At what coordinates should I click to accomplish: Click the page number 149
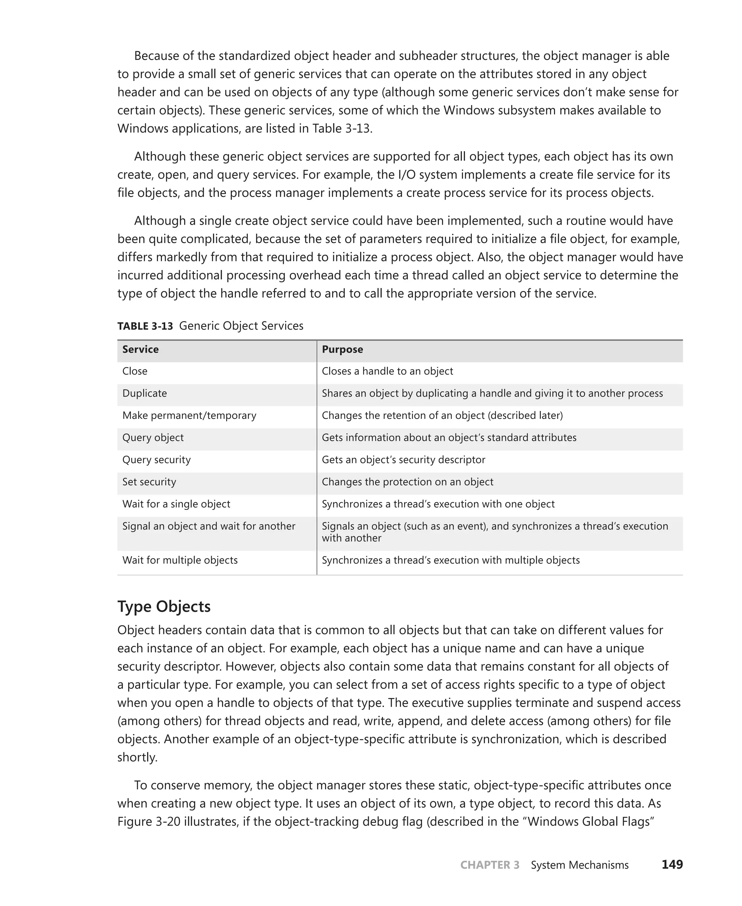[672, 865]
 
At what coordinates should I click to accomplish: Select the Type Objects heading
[164, 607]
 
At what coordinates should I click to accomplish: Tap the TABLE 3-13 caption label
[145, 326]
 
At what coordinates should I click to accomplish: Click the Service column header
[140, 349]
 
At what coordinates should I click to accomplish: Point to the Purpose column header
[342, 349]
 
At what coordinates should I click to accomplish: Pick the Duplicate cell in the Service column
[145, 393]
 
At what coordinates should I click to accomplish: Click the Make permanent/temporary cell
[189, 416]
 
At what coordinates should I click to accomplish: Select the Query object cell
[153, 438]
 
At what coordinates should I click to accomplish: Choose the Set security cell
[149, 482]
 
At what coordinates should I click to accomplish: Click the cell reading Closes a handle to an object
[387, 371]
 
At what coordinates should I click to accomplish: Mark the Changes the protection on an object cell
[407, 482]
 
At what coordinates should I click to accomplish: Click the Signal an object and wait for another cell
[209, 526]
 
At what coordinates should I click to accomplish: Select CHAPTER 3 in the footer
[489, 865]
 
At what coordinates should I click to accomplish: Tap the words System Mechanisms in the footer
[579, 865]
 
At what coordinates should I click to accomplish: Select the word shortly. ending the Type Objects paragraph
[137, 757]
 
